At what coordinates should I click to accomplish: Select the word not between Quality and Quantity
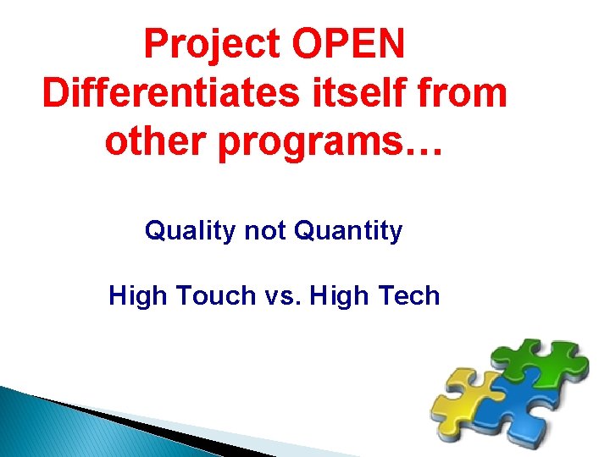(x=265, y=230)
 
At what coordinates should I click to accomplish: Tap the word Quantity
(x=348, y=231)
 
